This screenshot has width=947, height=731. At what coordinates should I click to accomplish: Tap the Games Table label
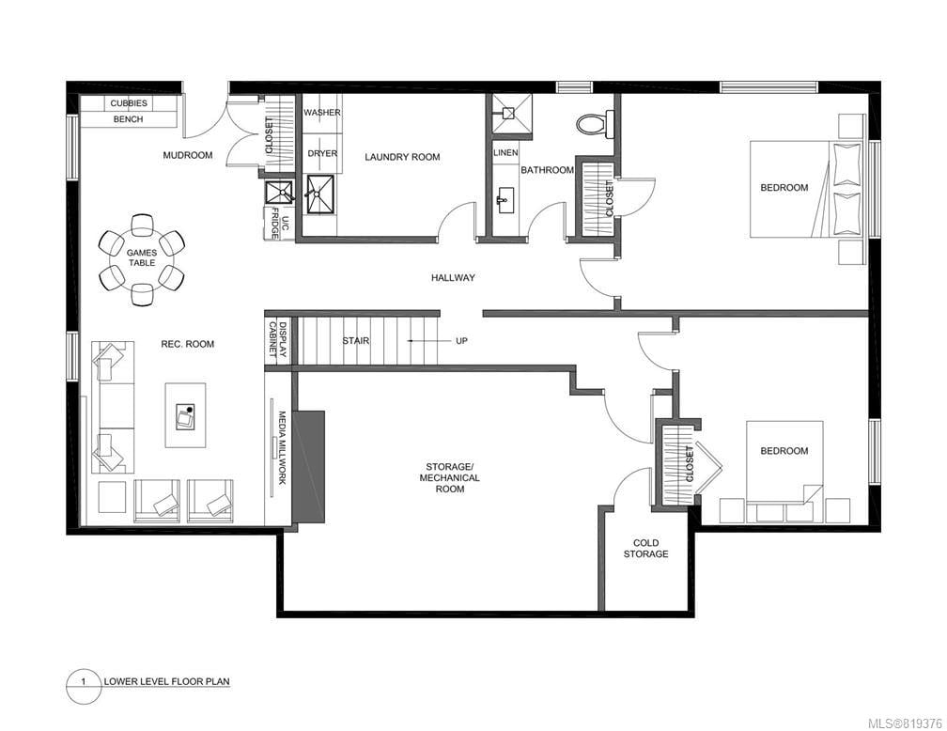141,258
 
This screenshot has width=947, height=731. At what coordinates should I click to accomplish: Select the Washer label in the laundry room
322,113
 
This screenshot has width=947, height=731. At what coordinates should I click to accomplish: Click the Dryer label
322,153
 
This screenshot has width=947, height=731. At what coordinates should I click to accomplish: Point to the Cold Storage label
645,548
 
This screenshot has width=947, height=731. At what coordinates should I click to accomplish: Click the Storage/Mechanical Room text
450,477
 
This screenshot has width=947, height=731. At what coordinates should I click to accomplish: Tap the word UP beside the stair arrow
461,341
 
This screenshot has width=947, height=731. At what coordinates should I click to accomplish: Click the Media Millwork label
282,447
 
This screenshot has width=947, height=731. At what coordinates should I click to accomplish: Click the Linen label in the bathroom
505,153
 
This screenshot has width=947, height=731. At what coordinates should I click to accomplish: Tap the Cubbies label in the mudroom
129,103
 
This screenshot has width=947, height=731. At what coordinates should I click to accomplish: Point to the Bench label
129,119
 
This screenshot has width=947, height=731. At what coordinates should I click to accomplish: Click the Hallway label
453,278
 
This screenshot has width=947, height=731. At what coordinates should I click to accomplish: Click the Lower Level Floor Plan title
166,681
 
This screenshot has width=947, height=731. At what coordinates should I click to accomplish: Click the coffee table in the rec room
185,415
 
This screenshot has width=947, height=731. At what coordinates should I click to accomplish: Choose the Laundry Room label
402,157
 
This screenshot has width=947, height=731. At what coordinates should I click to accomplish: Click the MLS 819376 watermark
904,723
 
